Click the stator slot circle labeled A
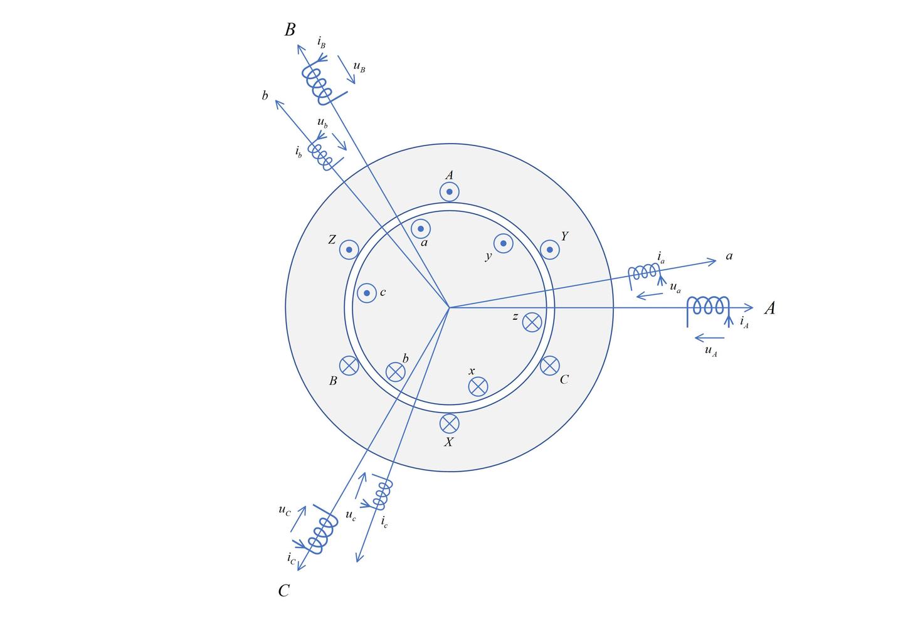tap(449, 191)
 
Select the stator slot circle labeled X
tap(449, 424)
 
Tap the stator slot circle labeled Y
tap(549, 250)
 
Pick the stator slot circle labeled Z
tap(349, 250)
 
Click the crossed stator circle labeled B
tap(349, 366)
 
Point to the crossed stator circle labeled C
tap(549, 366)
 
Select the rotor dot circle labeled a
tap(421, 229)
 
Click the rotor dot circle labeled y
tap(503, 243)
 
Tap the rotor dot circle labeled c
tap(367, 293)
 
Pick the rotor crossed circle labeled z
tap(532, 322)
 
